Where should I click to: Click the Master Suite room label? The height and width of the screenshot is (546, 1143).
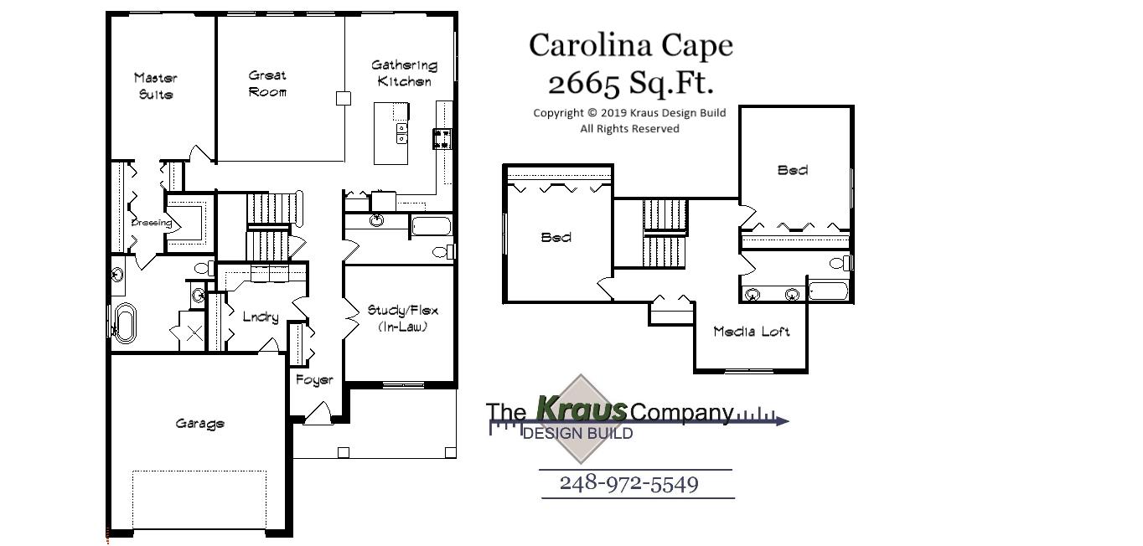(156, 86)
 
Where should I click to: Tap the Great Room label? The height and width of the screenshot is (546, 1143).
(267, 84)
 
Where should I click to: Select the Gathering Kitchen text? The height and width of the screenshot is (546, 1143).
(404, 73)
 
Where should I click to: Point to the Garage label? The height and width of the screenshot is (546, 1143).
(199, 424)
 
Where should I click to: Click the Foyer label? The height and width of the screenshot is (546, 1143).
(314, 379)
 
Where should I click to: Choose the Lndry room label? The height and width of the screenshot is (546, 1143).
(260, 317)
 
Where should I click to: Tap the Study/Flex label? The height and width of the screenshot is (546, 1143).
(402, 318)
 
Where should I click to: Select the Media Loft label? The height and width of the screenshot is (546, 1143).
(751, 332)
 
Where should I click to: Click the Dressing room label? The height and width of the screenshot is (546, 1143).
(151, 223)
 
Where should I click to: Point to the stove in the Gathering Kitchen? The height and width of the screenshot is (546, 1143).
(442, 138)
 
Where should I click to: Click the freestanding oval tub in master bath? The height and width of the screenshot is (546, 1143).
(124, 323)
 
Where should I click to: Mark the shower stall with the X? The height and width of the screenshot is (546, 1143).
(193, 333)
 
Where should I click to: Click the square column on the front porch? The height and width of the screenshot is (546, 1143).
(343, 453)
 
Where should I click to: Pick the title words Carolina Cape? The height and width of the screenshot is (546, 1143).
(630, 45)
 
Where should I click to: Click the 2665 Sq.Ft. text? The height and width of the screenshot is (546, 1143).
(630, 83)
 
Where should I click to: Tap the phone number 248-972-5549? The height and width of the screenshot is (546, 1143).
(628, 483)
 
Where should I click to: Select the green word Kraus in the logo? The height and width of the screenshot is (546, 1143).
(581, 410)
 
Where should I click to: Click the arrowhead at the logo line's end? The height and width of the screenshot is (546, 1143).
(783, 420)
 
